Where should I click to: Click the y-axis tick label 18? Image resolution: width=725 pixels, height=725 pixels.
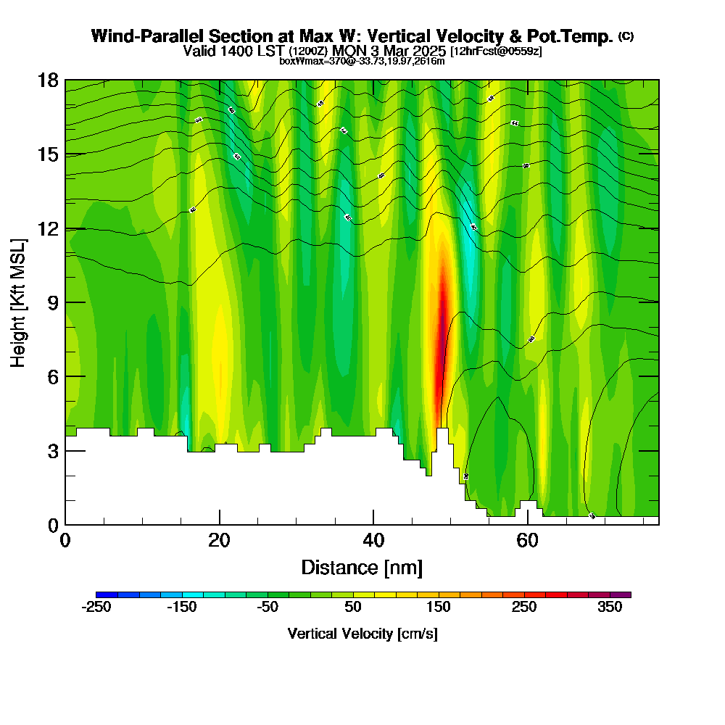(48, 80)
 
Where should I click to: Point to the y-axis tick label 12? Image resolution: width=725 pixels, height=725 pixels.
(48, 228)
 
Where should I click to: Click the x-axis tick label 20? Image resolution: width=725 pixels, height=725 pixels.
(219, 540)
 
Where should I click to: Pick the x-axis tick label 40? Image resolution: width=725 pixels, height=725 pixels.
(373, 540)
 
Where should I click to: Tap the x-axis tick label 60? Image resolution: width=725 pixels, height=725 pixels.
(527, 540)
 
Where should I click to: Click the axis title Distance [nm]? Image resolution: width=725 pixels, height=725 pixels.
(362, 567)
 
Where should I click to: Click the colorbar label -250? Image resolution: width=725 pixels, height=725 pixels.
(96, 608)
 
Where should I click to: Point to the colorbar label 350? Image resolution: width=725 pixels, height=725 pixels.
(610, 608)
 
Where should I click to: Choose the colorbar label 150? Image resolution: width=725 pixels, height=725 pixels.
(439, 608)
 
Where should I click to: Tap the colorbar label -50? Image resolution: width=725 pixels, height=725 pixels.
(268, 608)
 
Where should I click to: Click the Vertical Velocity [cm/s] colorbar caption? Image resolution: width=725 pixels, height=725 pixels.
(362, 634)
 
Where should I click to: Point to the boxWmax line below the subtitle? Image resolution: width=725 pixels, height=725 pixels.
(362, 61)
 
